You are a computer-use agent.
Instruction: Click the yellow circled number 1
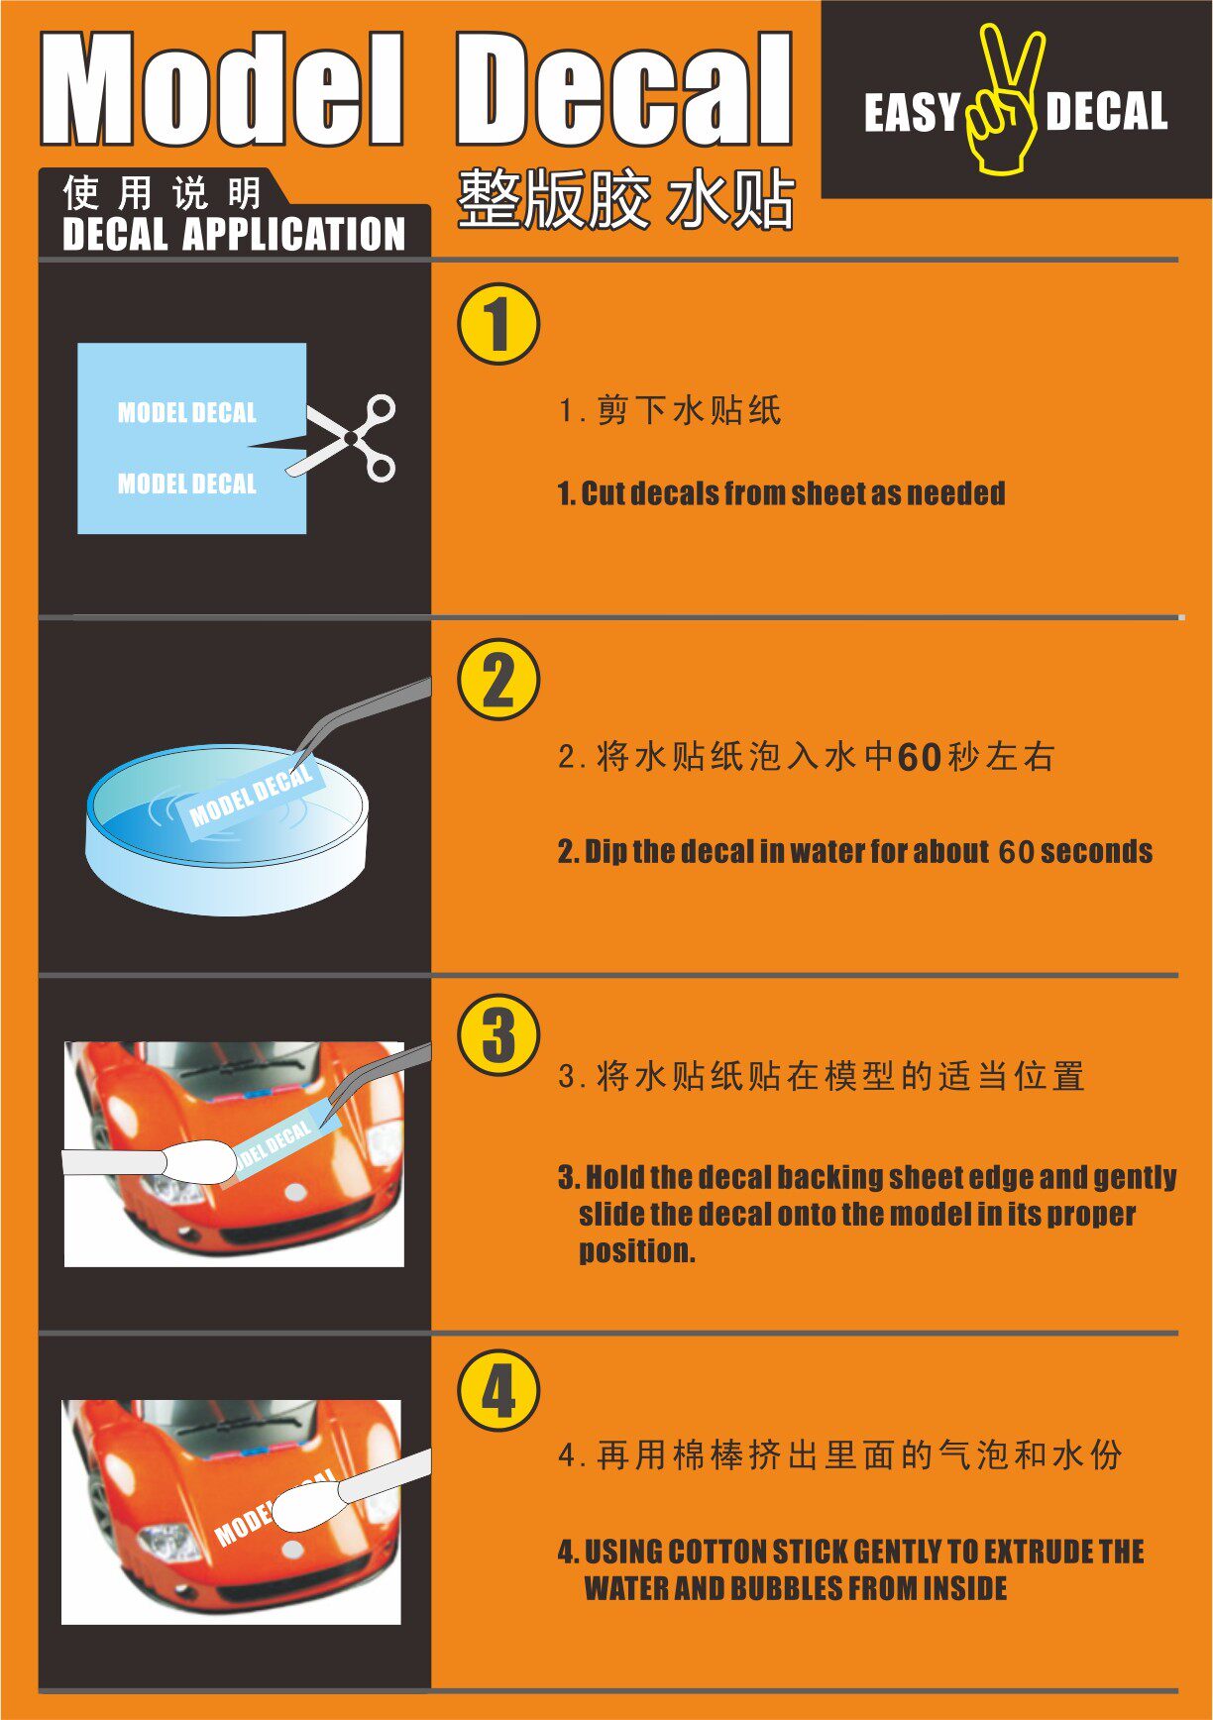[x=498, y=324]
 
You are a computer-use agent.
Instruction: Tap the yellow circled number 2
[x=498, y=680]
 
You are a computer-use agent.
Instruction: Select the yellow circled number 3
[x=498, y=1035]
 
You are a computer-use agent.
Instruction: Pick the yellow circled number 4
[x=498, y=1390]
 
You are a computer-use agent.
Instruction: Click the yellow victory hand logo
[x=1005, y=99]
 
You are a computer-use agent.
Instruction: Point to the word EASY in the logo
[x=912, y=112]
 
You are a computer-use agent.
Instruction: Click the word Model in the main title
[x=222, y=89]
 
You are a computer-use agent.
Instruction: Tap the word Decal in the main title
[x=623, y=89]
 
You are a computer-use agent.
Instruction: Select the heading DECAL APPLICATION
[x=234, y=235]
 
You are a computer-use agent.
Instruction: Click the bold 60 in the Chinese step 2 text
[x=919, y=758]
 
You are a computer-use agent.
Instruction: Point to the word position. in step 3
[x=637, y=1251]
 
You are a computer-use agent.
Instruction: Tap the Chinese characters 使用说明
[x=162, y=192]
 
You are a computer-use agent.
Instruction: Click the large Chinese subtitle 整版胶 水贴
[x=625, y=199]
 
